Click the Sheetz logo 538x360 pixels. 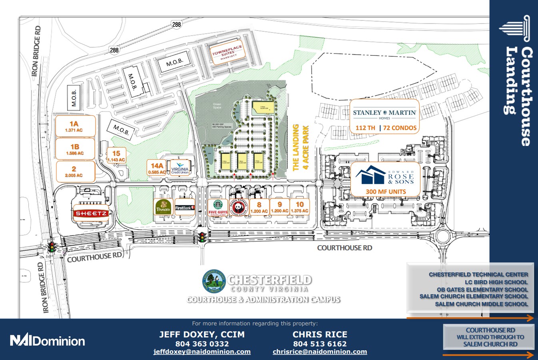coord(91,214)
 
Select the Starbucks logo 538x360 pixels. coord(218,205)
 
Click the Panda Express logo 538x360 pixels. coord(238,207)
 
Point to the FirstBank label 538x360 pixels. coord(185,208)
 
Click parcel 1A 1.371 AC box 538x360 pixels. coord(74,126)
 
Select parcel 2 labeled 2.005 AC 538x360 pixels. coord(74,172)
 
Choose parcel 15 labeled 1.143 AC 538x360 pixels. coord(116,156)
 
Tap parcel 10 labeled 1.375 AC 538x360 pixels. coord(300,207)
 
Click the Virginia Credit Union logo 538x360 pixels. coord(180,168)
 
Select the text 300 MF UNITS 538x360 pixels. coord(386,192)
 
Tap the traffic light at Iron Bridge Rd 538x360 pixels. coord(51,247)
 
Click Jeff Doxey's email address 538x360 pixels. coord(202,352)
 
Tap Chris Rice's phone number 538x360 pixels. coord(320,344)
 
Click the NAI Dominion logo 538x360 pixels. coord(47,340)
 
